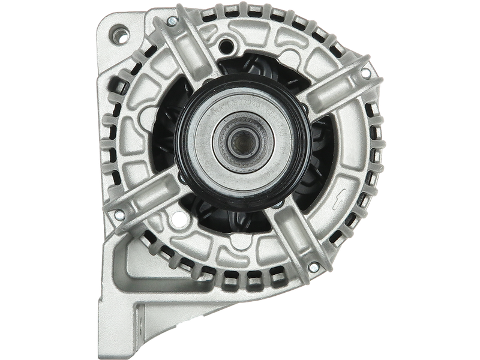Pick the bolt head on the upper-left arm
point(172,22)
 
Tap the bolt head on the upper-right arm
point(365,73)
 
